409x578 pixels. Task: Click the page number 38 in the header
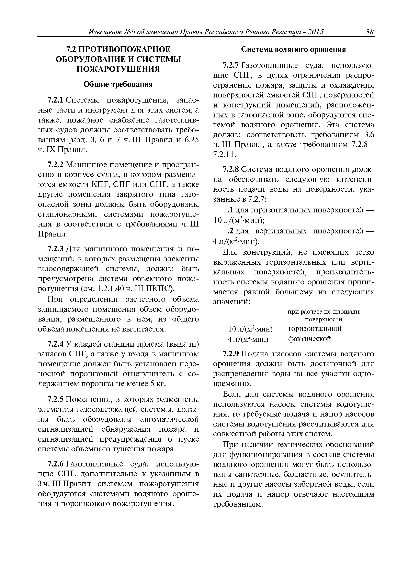[370, 32]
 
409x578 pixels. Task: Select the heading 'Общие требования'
[118, 84]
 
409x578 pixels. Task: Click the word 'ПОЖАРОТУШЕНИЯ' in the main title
[118, 69]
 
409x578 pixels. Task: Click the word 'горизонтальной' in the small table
[315, 329]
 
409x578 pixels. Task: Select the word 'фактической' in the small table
[309, 339]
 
